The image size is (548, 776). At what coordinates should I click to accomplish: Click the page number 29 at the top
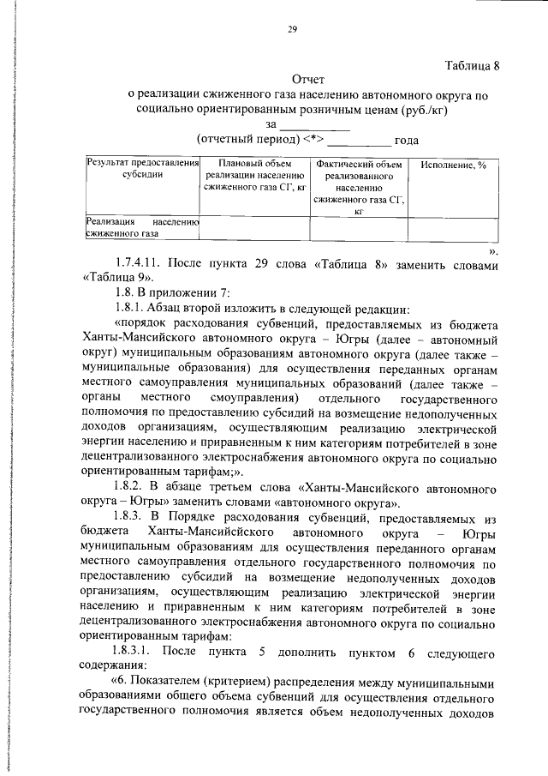[x=291, y=29]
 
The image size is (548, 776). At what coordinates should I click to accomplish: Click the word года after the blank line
[x=404, y=141]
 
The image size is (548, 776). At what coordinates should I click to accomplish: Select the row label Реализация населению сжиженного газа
[x=142, y=226]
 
